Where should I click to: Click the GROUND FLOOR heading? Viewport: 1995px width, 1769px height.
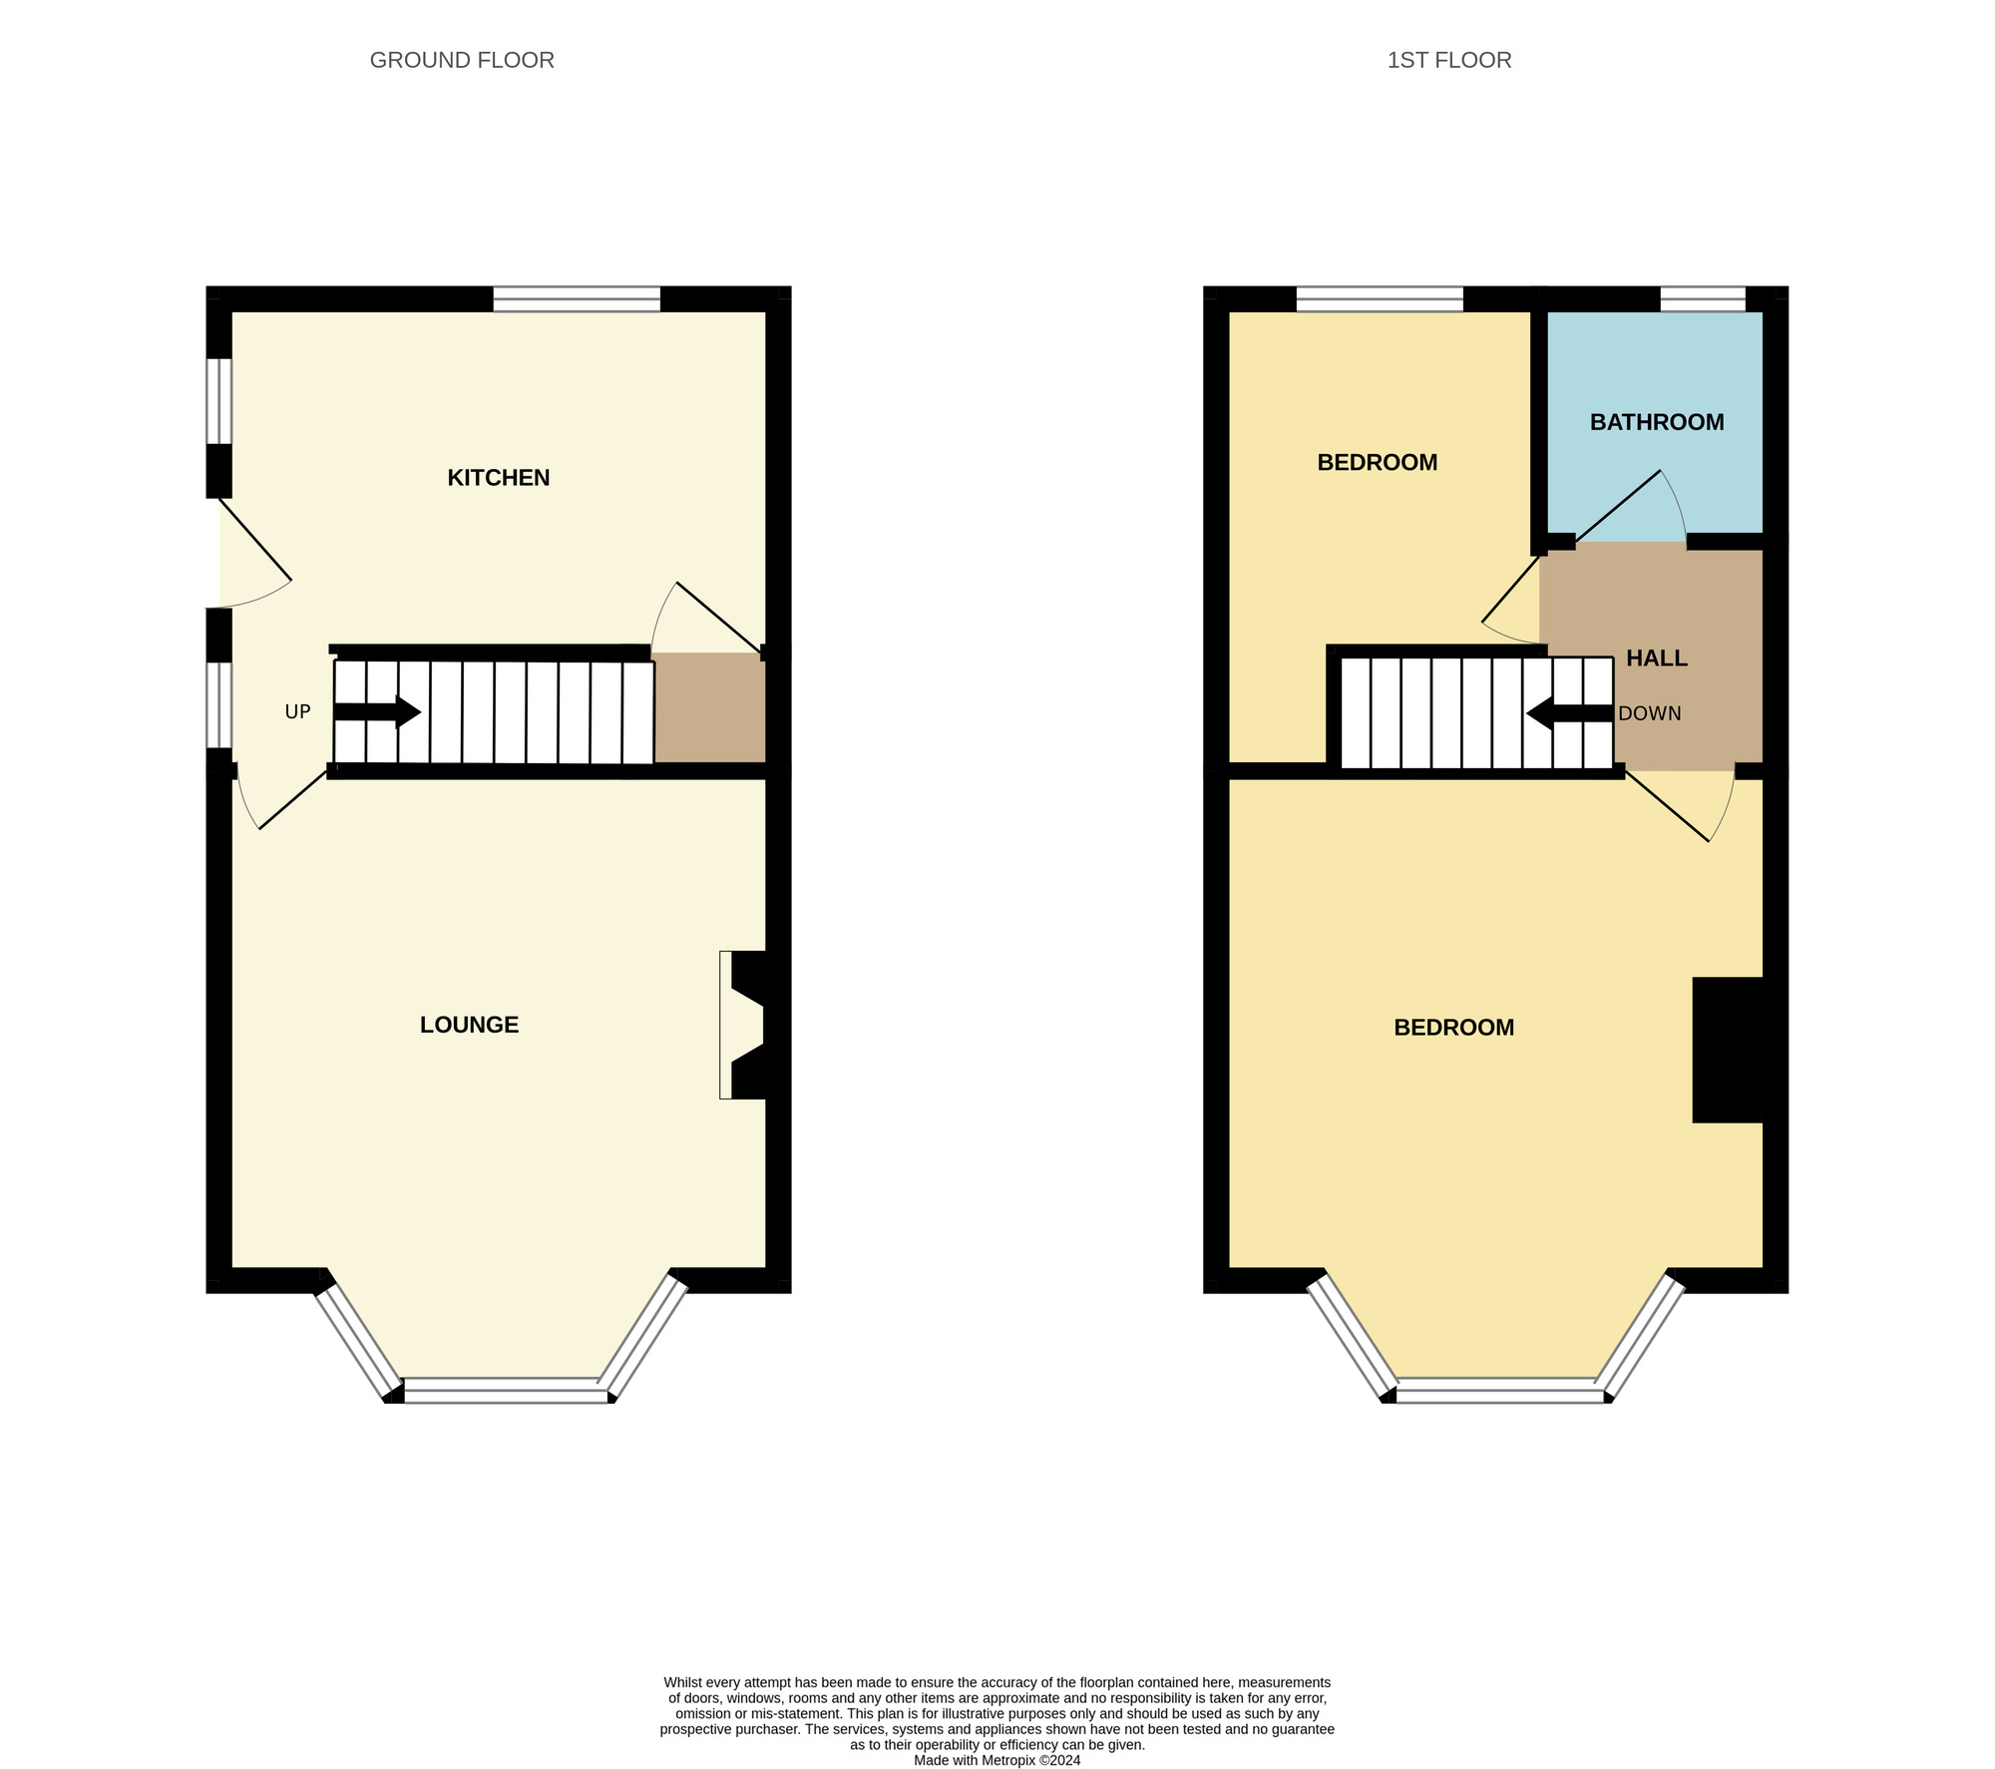pos(462,60)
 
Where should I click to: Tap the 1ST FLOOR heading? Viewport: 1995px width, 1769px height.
pos(1448,60)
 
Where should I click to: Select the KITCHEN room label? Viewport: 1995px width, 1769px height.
pos(498,478)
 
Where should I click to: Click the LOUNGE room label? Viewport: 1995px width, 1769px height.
pos(469,1025)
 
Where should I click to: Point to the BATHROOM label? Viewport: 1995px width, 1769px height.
pos(1656,422)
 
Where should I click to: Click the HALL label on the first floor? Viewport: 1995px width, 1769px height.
pos(1656,659)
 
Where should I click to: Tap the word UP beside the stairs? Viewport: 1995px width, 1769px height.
pos(297,711)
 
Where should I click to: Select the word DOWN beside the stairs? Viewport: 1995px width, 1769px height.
pos(1649,713)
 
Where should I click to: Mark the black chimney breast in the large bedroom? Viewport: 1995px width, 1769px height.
pos(1728,1050)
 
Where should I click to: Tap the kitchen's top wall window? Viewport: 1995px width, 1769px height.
pos(577,299)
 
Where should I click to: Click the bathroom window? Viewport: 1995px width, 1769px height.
pos(1702,299)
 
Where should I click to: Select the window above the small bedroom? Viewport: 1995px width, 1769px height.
pos(1379,299)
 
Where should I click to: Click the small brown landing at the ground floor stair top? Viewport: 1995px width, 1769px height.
pos(709,707)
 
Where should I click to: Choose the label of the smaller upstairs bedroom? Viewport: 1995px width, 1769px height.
pos(1377,462)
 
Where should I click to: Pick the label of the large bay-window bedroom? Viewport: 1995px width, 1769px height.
pos(1453,1027)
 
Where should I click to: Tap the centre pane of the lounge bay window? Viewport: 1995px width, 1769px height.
pos(505,1390)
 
